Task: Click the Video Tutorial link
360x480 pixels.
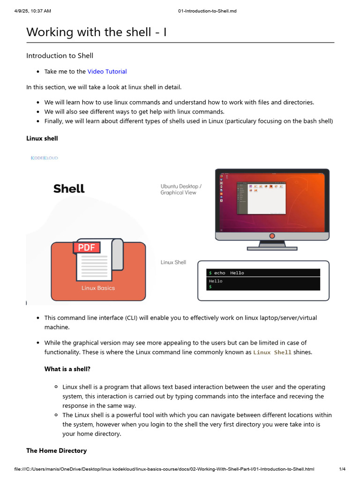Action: (107, 72)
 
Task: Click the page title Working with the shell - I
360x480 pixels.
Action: (96, 32)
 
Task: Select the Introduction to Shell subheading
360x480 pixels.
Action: (60, 56)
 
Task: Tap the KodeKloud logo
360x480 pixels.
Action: (44, 158)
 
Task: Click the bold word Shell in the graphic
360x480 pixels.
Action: (69, 189)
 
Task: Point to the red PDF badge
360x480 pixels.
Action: (87, 247)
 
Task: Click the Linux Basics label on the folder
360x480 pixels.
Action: (98, 288)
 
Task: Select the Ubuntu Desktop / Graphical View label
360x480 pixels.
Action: (181, 189)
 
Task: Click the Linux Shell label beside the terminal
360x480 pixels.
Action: (173, 262)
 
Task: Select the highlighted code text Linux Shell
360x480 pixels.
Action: (272, 352)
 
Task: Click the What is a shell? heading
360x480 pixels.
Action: (67, 369)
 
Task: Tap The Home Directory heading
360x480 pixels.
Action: (56, 450)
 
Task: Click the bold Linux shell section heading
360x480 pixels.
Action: (42, 138)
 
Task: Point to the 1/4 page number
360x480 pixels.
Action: (342, 469)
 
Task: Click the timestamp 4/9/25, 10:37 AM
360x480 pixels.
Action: (32, 11)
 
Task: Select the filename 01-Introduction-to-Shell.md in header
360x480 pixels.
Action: (207, 11)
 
